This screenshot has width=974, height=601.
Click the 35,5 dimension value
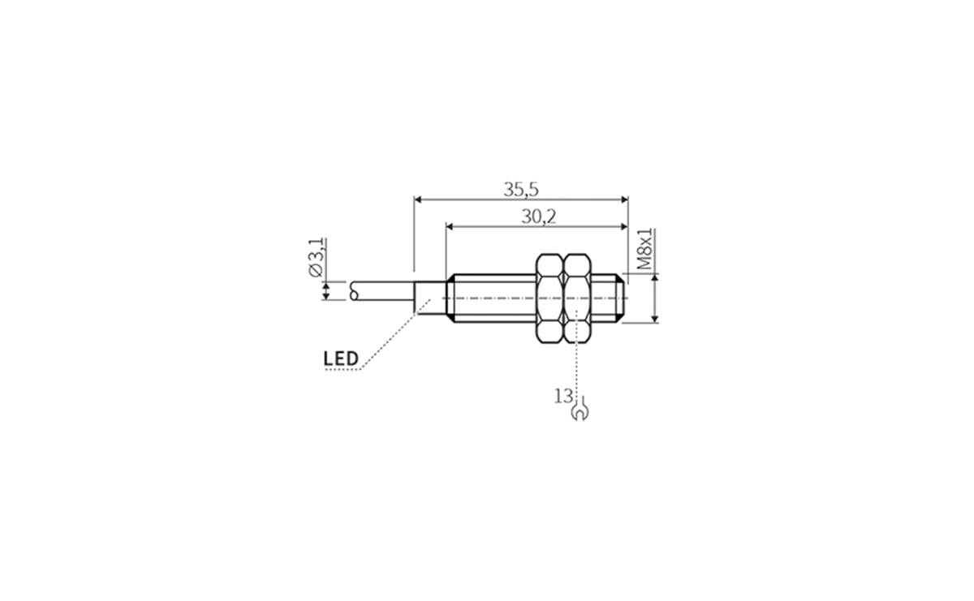point(520,189)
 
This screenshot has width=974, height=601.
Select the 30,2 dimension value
point(537,217)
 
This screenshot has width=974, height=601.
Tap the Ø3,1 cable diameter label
point(317,259)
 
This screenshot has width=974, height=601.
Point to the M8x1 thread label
point(645,249)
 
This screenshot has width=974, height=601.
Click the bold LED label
point(341,358)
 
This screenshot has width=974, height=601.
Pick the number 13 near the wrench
point(563,396)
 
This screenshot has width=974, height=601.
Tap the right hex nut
point(577,298)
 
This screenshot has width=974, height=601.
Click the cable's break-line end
point(355,290)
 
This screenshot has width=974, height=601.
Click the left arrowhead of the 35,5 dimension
point(418,199)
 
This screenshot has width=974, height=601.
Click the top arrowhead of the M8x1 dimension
point(653,279)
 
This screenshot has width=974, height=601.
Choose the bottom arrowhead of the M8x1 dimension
point(653,319)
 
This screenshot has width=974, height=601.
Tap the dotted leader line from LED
point(390,337)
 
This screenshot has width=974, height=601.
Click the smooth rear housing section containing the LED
point(429,298)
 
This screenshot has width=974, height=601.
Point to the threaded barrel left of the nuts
point(490,298)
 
